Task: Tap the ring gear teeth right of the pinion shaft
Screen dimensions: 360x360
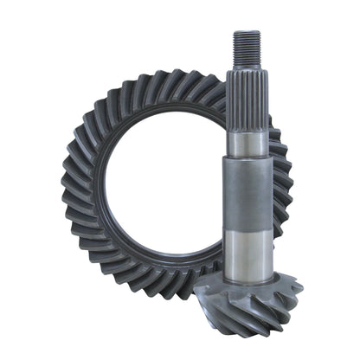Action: pos(281,173)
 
